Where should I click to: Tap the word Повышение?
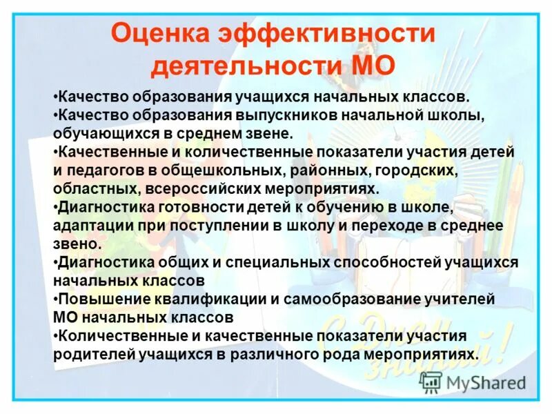click(101, 299)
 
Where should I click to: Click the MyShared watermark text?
click(486, 382)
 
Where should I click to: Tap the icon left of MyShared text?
click(431, 382)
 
